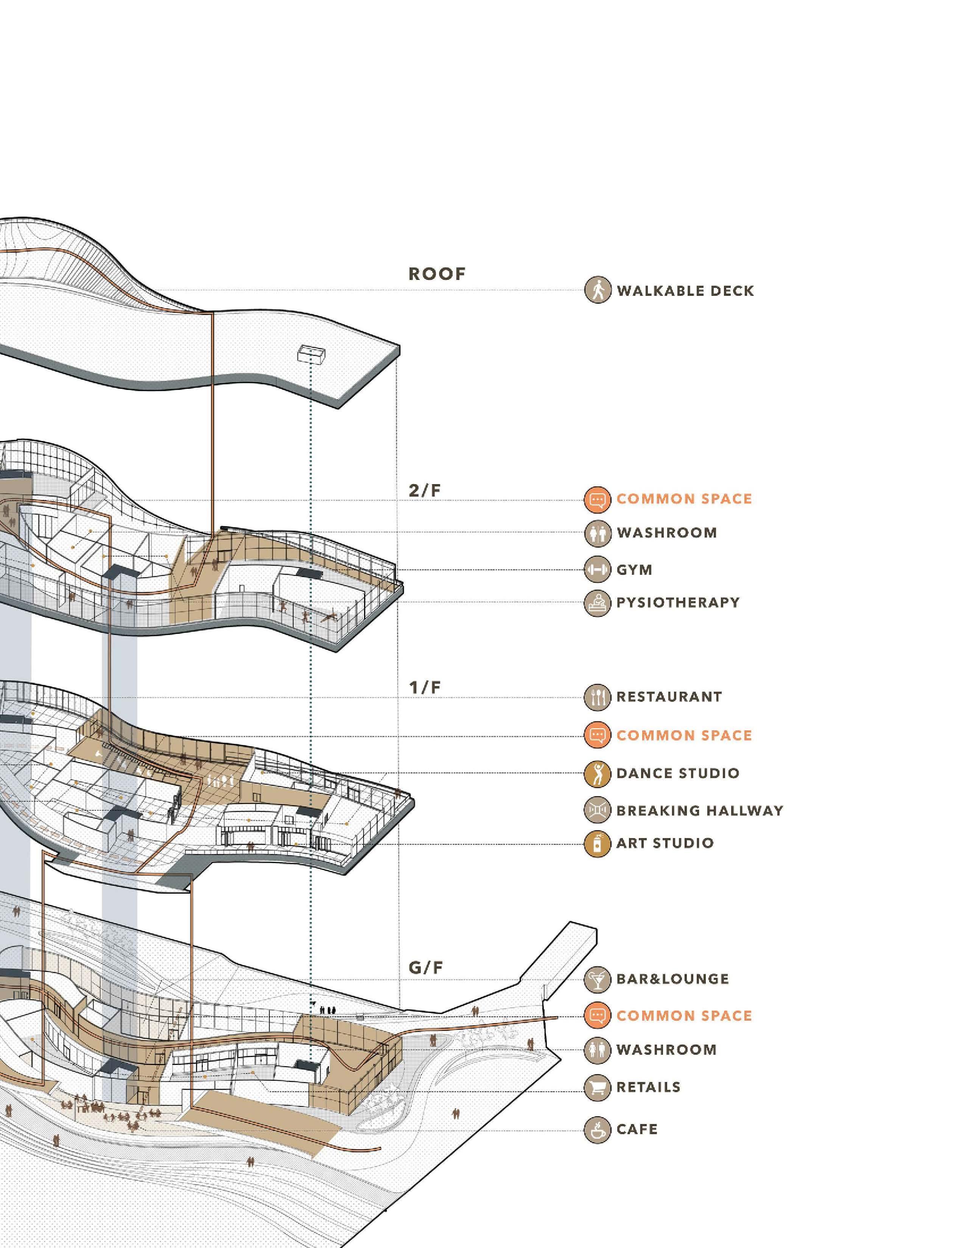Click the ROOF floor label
pos(437,274)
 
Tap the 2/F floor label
pos(425,490)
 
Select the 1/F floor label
pos(425,688)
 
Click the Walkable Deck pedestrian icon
pos(598,290)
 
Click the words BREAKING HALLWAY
pos(699,810)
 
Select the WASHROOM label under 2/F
pos(666,532)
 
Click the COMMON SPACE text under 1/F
pos(684,736)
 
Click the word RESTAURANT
pos(669,697)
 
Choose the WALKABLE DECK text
pos(685,290)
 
